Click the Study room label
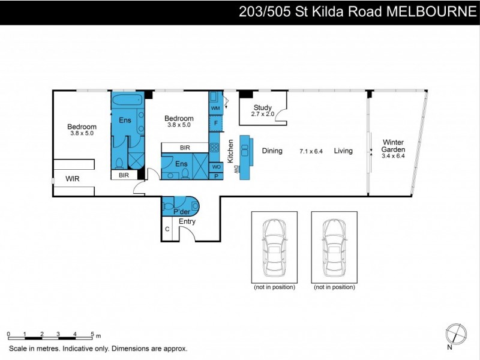tap(263, 109)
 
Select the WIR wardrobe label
tap(72, 179)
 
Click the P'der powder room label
tap(181, 212)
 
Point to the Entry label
tap(187, 221)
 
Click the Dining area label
tap(272, 151)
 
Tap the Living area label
tap(343, 151)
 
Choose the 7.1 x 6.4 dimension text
tap(311, 151)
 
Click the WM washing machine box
tap(215, 108)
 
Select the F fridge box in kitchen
tap(215, 123)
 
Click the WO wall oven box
tap(215, 166)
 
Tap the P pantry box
tap(215, 176)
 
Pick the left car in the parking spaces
tap(274, 247)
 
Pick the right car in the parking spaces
tap(334, 247)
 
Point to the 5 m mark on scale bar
tap(92, 334)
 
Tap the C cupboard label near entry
tap(167, 229)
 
